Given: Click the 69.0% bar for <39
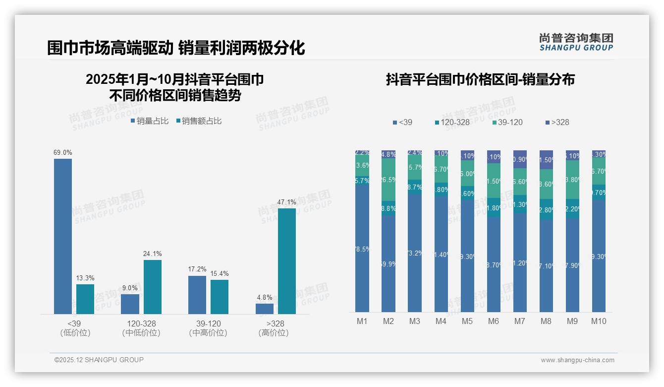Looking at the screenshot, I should pyautogui.click(x=63, y=236).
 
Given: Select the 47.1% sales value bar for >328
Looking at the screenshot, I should pyautogui.click(x=286, y=261).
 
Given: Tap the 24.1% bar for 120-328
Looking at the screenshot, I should pyautogui.click(x=153, y=287).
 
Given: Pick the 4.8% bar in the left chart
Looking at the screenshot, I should pyautogui.click(x=265, y=309).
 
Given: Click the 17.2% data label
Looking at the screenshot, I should pyautogui.click(x=197, y=269).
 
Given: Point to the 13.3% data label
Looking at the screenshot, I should pyautogui.click(x=85, y=278).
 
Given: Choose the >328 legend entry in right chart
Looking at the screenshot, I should pyautogui.click(x=557, y=122).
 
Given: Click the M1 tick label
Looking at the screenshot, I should pyautogui.click(x=362, y=321).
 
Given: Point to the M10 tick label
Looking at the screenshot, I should pyautogui.click(x=599, y=321).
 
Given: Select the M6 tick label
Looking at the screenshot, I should pyautogui.click(x=494, y=321).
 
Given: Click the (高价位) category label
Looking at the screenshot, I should pyautogui.click(x=274, y=333).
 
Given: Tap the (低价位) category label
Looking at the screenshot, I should pyautogui.click(x=75, y=333).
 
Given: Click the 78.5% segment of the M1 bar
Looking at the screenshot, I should pyautogui.click(x=362, y=248).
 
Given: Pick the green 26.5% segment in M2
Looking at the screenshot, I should pyautogui.click(x=388, y=179).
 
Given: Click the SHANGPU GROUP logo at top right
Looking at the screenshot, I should pyautogui.click(x=576, y=42).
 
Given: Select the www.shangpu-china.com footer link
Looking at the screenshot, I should pyautogui.click(x=577, y=360).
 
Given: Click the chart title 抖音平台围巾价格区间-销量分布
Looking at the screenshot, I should pyautogui.click(x=480, y=80).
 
